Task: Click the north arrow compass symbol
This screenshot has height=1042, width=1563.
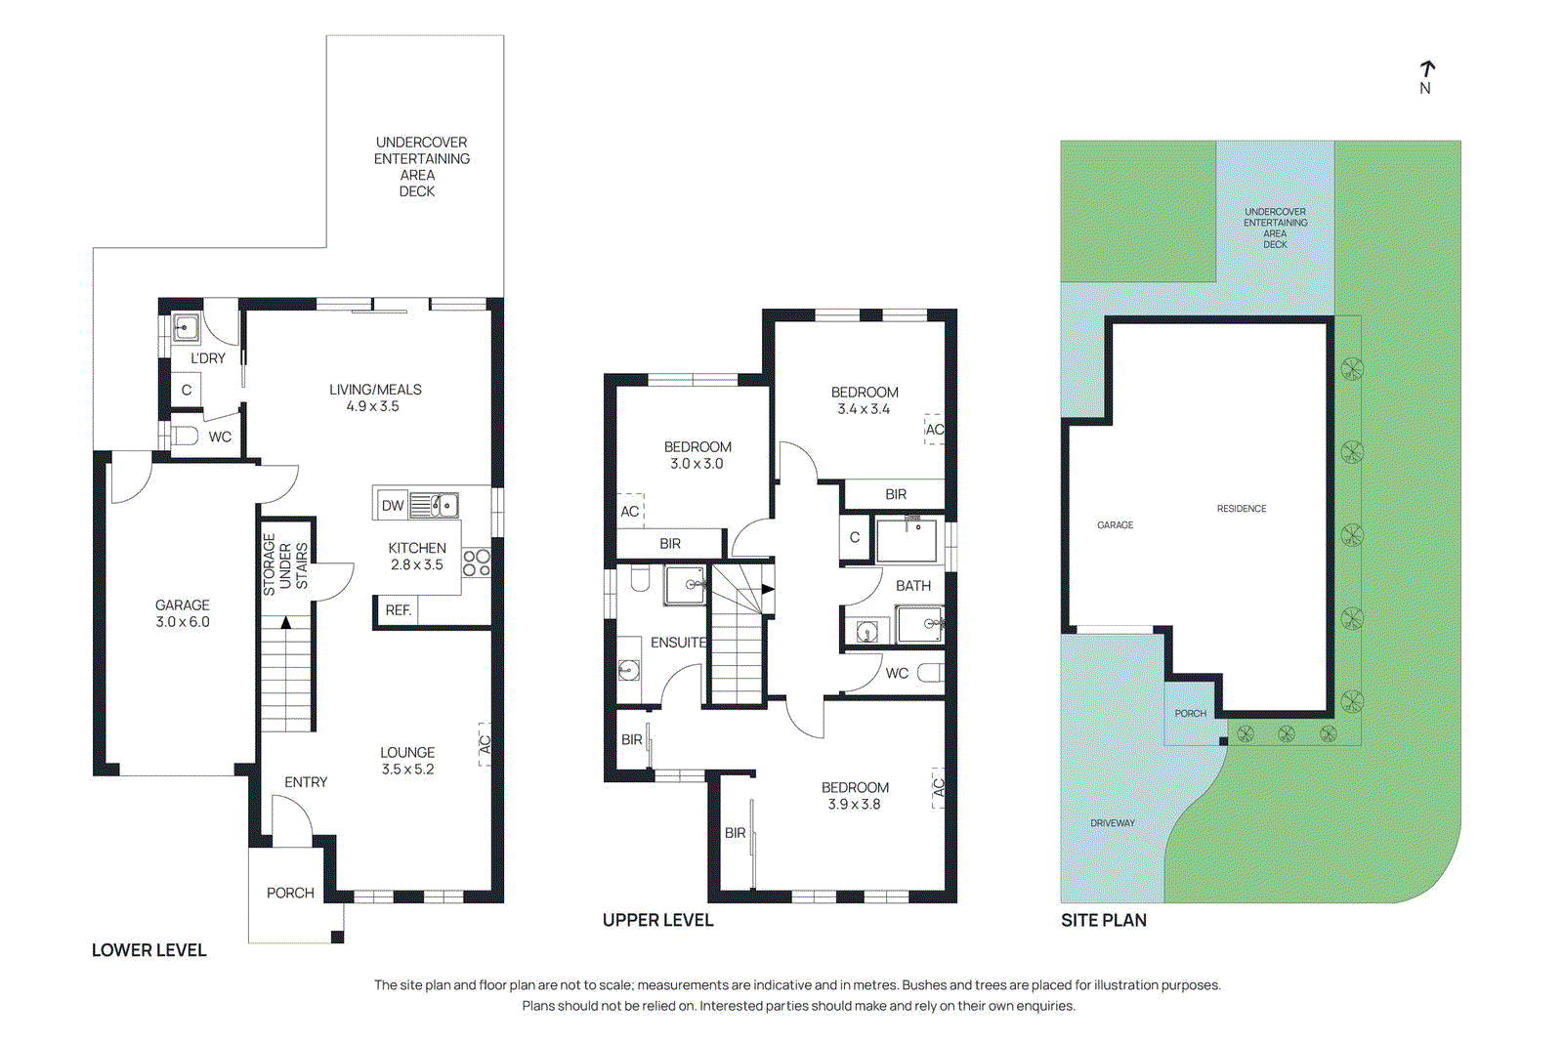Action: pyautogui.click(x=1426, y=70)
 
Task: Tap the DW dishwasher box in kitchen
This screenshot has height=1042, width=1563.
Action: pyautogui.click(x=393, y=505)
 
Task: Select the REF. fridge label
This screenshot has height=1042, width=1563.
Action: pyautogui.click(x=398, y=610)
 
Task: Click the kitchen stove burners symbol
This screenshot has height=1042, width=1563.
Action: pyautogui.click(x=477, y=563)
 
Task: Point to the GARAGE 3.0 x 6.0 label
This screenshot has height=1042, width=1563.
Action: pyautogui.click(x=183, y=613)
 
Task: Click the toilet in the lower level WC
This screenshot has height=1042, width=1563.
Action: pyautogui.click(x=185, y=436)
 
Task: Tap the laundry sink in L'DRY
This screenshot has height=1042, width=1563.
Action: pyautogui.click(x=186, y=327)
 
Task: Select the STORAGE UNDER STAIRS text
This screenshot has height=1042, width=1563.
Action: pyautogui.click(x=285, y=565)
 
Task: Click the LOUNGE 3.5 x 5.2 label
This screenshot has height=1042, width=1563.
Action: pyautogui.click(x=407, y=761)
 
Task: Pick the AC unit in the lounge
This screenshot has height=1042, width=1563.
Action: pyautogui.click(x=484, y=744)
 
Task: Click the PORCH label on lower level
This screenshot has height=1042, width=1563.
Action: pyautogui.click(x=290, y=893)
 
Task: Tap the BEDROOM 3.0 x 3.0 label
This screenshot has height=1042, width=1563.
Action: pyautogui.click(x=697, y=455)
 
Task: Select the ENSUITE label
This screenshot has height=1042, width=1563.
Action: pyautogui.click(x=678, y=643)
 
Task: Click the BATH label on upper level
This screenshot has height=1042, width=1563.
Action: pyautogui.click(x=913, y=586)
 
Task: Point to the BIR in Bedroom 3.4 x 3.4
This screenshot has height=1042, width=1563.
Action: pyautogui.click(x=896, y=494)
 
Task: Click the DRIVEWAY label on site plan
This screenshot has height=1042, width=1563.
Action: pyautogui.click(x=1113, y=823)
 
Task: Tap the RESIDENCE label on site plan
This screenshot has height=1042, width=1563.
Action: pyautogui.click(x=1242, y=509)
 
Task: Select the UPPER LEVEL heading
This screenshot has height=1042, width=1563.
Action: pyautogui.click(x=657, y=920)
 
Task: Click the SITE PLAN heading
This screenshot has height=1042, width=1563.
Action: pyautogui.click(x=1104, y=920)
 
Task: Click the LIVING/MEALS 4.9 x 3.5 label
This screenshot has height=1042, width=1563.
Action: pyautogui.click(x=374, y=397)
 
